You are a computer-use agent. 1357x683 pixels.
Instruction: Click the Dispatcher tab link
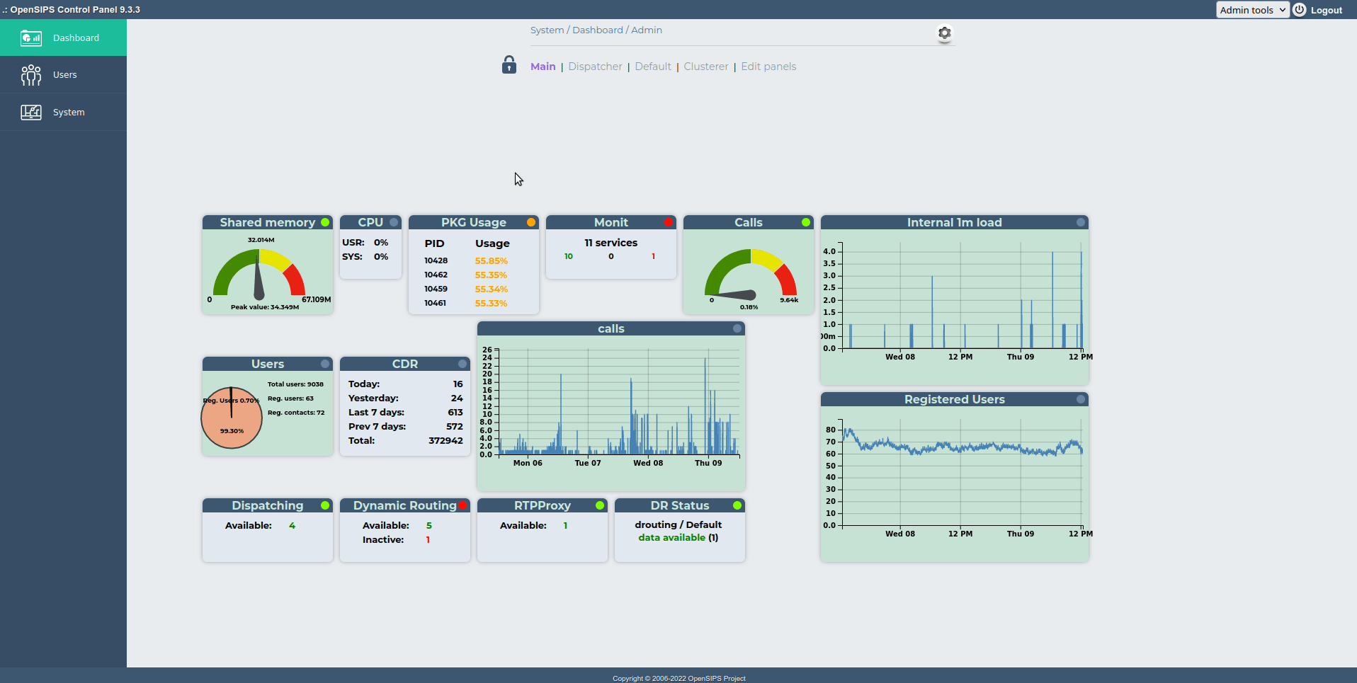(x=595, y=67)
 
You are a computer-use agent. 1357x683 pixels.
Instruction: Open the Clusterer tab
(x=705, y=67)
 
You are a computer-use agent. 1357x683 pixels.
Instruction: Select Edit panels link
(x=768, y=67)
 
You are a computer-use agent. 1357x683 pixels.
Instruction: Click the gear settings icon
(x=944, y=33)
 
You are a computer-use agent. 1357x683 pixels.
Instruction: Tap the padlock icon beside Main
(x=509, y=65)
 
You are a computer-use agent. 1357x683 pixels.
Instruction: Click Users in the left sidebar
(x=64, y=75)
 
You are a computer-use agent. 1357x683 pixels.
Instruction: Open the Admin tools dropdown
(x=1251, y=10)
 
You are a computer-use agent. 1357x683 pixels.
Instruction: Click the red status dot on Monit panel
(x=668, y=222)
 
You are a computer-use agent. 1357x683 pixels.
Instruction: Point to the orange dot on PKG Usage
(x=530, y=222)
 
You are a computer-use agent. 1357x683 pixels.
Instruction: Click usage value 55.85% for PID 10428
(x=491, y=261)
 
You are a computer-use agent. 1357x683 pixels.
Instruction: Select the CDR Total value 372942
(x=445, y=440)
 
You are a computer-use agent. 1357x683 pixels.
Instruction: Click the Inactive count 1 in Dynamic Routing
(x=428, y=540)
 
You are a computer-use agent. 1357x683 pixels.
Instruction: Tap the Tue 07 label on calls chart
(x=587, y=463)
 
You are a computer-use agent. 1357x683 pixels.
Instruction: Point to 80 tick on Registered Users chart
(x=830, y=430)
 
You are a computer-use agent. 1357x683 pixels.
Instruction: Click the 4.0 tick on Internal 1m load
(x=829, y=251)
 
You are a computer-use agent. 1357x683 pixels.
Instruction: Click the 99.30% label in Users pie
(x=232, y=431)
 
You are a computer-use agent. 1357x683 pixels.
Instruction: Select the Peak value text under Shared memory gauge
(x=265, y=307)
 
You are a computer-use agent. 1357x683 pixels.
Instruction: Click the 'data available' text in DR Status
(x=671, y=538)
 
